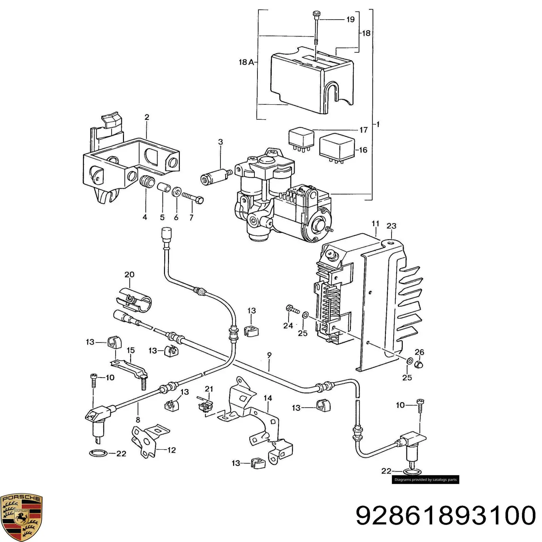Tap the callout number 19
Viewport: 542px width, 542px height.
click(x=350, y=20)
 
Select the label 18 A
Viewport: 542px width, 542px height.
click(x=246, y=62)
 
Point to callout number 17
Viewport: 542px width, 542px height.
click(x=363, y=130)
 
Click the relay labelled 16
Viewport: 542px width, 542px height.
click(x=337, y=148)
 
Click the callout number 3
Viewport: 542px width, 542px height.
click(x=221, y=142)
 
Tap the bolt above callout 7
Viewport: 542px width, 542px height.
click(x=193, y=197)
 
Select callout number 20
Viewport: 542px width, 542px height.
click(x=129, y=274)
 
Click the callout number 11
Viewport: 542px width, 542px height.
click(x=375, y=224)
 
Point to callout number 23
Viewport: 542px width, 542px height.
click(x=391, y=226)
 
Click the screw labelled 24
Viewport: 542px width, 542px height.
click(x=293, y=309)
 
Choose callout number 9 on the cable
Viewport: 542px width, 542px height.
click(x=269, y=355)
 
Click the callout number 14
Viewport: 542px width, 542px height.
click(x=268, y=398)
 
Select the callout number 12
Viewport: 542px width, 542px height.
click(x=172, y=450)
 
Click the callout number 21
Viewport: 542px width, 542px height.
click(x=209, y=389)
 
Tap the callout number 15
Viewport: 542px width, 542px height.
click(x=131, y=350)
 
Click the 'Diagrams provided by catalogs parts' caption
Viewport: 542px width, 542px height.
click(x=425, y=479)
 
